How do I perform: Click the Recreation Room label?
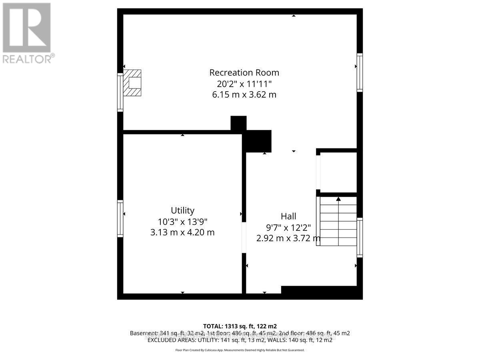[244, 73]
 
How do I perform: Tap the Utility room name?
[182, 210]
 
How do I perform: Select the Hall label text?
[288, 216]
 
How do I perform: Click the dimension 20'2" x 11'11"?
[244, 84]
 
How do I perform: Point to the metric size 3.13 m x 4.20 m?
[182, 232]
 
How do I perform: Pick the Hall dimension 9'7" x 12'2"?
[288, 228]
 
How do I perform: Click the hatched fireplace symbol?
[132, 83]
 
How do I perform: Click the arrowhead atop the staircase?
[338, 198]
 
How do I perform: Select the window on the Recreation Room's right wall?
[360, 73]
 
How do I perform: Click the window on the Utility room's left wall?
[120, 218]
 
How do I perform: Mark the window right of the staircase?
[360, 238]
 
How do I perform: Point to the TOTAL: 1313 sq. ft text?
[240, 326]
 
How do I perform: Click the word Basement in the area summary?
[142, 333]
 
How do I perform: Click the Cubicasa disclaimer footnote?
[240, 350]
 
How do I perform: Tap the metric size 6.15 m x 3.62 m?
[244, 95]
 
